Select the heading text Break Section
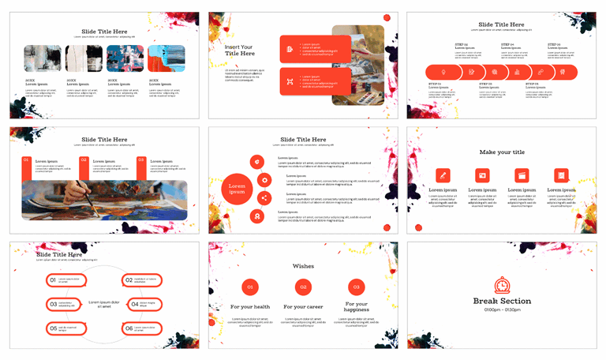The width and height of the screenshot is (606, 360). pos(502,301)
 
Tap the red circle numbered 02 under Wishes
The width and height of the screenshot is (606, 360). pos(303,287)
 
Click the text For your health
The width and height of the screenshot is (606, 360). pos(249,306)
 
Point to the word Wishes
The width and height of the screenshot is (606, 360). pos(303,266)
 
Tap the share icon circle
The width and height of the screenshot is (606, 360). pos(264,198)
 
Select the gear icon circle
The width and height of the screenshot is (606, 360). pos(264,179)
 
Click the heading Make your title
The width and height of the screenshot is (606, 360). pos(502,152)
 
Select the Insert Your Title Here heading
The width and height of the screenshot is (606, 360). pos(239,51)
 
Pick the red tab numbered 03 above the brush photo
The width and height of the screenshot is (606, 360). pos(141,160)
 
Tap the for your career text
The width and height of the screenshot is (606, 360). pos(303,306)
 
